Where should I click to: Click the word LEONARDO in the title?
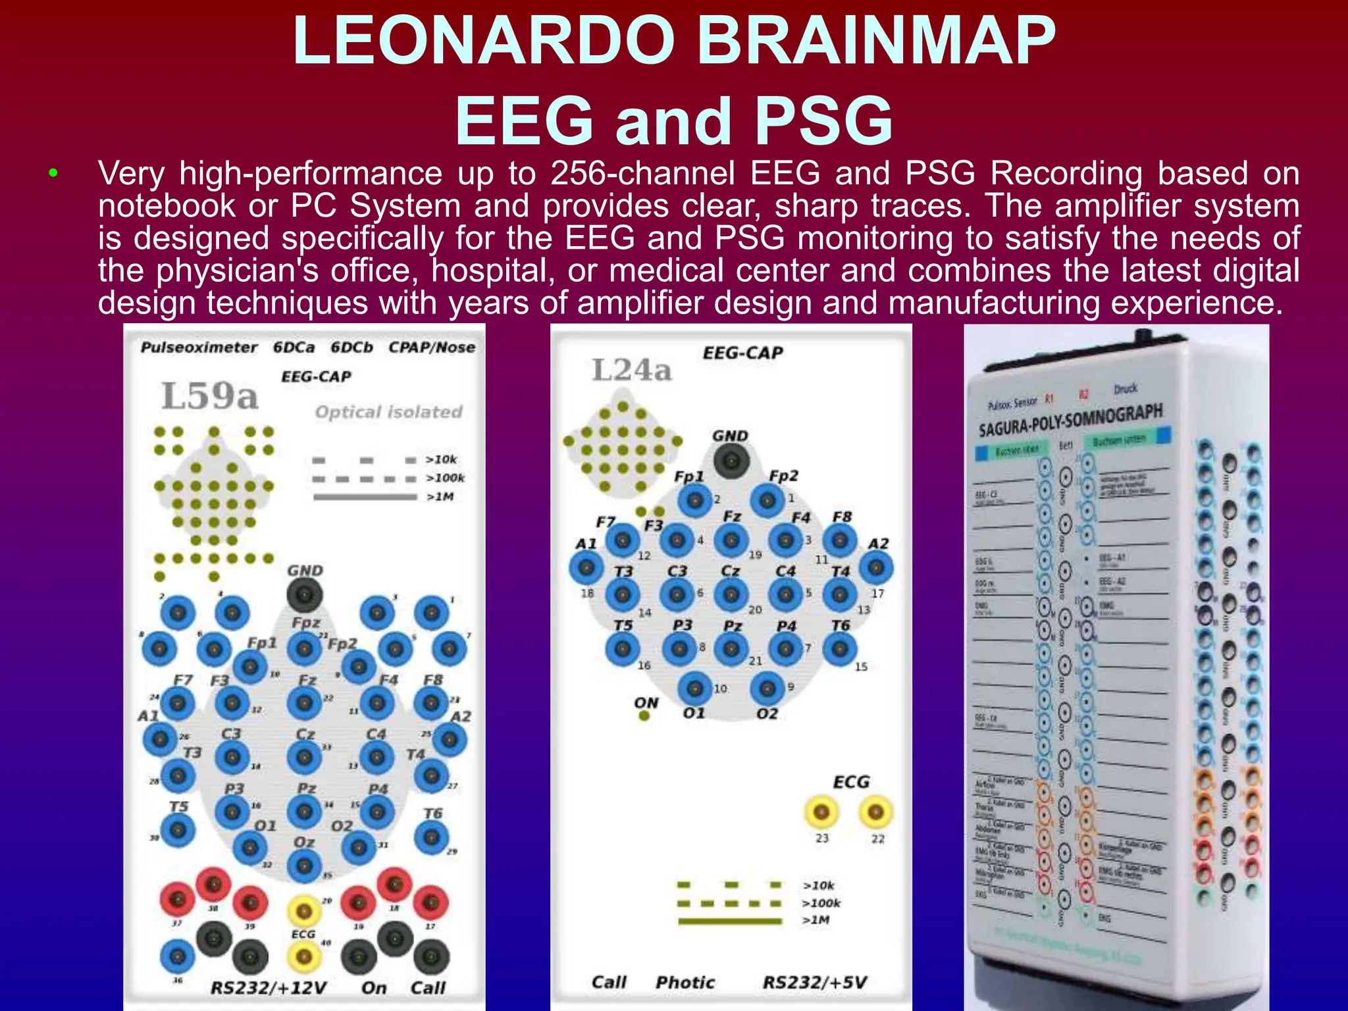point(484,41)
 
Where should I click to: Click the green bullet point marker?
point(53,174)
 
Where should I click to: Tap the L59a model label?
point(210,396)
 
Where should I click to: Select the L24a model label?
point(631,370)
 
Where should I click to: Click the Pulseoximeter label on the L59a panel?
point(199,347)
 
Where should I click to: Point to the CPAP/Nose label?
point(431,347)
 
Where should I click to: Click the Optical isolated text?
point(388,412)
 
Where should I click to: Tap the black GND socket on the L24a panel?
point(731,460)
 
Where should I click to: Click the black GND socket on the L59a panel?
point(305,594)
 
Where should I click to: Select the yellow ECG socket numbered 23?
point(821,812)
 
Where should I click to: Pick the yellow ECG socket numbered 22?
point(875,812)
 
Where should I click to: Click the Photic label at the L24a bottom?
point(685,982)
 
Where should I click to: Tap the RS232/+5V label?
point(814,982)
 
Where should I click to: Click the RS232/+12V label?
point(268,987)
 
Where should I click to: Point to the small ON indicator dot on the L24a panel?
point(644,715)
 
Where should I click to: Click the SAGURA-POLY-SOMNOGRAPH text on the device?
point(1070,420)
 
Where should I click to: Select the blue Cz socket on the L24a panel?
point(731,594)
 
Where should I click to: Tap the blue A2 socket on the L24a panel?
point(876,567)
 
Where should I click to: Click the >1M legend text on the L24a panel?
point(816,920)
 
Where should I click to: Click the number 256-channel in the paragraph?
point(642,174)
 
